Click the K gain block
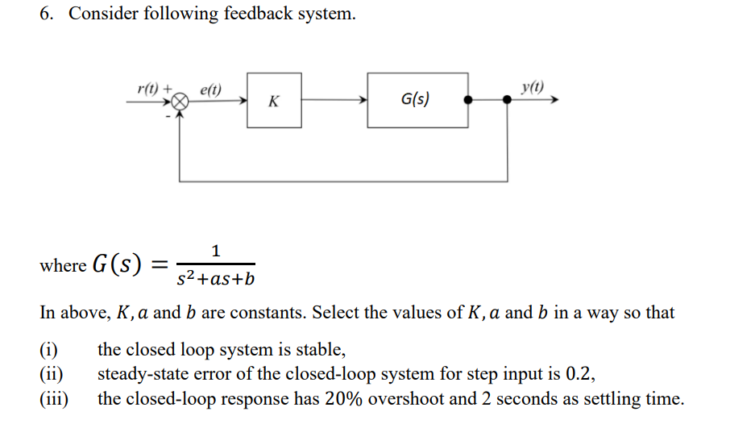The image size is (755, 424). click(274, 101)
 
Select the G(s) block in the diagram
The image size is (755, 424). click(417, 100)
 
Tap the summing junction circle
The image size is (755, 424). click(181, 102)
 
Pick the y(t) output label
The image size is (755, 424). click(532, 86)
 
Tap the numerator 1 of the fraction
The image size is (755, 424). click(215, 251)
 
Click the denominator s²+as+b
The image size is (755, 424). click(215, 279)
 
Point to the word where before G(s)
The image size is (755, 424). click(62, 265)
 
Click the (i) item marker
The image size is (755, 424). click(49, 351)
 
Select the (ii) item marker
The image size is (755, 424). click(52, 374)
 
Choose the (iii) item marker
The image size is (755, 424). click(54, 398)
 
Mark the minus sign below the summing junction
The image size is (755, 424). click(169, 116)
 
